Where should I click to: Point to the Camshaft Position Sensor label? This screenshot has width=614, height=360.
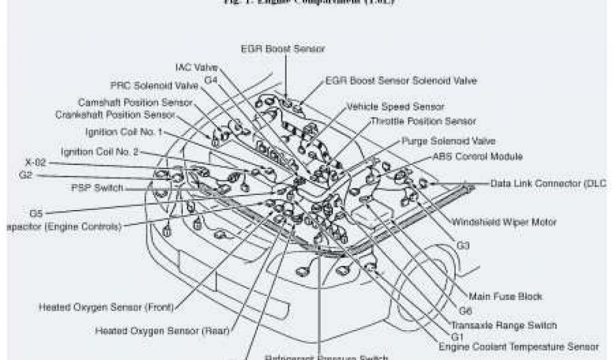[135, 103]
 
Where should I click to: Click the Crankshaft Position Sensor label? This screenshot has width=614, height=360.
[115, 114]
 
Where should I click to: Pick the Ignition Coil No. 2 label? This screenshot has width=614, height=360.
[100, 152]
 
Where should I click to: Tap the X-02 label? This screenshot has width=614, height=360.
[35, 163]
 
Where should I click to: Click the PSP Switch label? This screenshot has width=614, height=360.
[97, 188]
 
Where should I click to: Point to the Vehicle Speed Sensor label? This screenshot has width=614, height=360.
[395, 107]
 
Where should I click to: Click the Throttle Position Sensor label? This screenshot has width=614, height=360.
[423, 121]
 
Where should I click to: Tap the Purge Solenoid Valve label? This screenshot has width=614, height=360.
[448, 142]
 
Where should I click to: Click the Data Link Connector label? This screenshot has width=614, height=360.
[552, 183]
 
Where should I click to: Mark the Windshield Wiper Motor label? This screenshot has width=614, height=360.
[504, 222]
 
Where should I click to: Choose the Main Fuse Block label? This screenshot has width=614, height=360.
[505, 296]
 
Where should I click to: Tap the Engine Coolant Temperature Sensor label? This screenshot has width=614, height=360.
[518, 347]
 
